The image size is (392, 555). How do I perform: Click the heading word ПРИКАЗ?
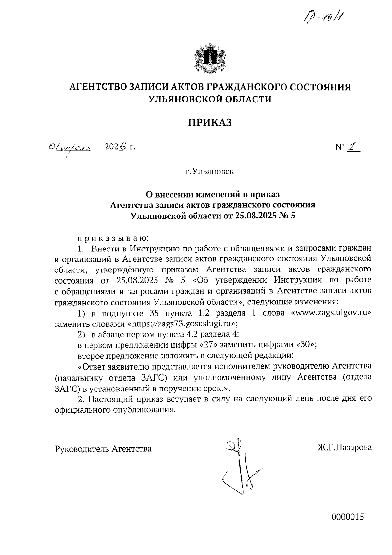pos(210,123)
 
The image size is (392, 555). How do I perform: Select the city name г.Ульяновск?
pos(210,171)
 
